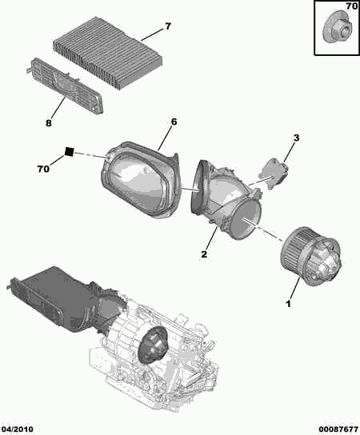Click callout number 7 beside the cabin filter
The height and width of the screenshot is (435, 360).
(168, 26)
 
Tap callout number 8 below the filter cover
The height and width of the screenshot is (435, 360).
(49, 123)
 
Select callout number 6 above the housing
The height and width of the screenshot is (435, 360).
(174, 122)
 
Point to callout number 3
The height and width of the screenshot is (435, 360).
(297, 138)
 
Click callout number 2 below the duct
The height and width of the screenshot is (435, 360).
(204, 253)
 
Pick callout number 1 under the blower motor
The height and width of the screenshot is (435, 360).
(289, 304)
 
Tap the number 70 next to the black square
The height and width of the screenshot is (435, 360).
(43, 169)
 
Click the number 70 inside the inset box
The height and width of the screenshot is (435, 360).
(352, 6)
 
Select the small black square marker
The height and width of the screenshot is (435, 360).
(69, 152)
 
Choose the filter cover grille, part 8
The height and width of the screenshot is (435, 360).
(66, 86)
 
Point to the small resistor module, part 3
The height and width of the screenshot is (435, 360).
(273, 173)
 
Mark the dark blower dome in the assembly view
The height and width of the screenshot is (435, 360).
(154, 345)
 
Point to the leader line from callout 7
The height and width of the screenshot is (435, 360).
(151, 34)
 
